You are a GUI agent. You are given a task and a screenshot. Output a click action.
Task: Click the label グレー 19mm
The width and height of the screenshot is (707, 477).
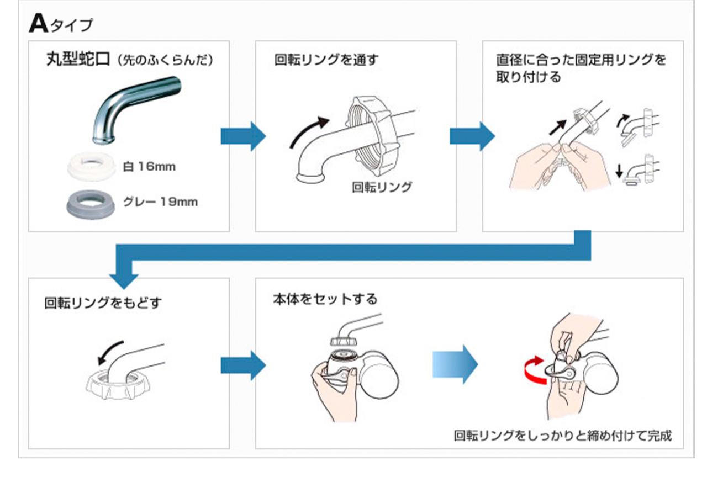(165, 202)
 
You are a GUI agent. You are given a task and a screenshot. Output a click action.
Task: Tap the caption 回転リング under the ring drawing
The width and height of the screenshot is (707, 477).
(382, 187)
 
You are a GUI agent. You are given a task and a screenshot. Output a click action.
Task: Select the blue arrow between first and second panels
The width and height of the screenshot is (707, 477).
(242, 136)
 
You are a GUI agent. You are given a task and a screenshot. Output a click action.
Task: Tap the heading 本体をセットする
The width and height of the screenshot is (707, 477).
(325, 299)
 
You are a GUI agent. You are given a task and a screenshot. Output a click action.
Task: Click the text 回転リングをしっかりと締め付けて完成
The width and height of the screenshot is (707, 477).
(562, 436)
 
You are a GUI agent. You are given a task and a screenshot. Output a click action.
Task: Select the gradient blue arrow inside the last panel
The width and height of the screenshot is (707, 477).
(455, 364)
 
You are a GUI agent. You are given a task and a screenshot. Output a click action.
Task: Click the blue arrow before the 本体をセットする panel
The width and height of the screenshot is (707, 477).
(242, 365)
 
